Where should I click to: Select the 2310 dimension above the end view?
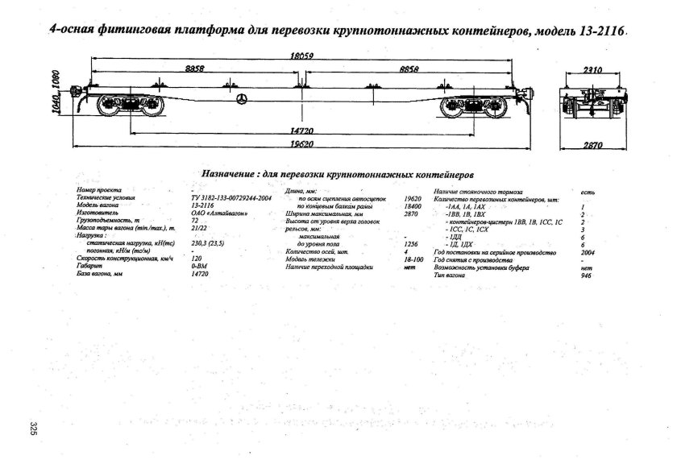594,71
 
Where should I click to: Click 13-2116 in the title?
598,32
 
